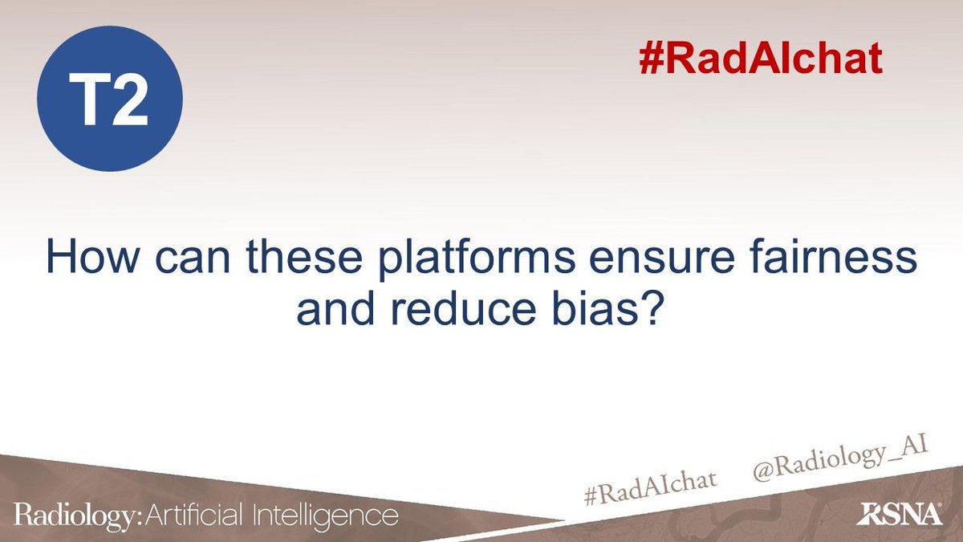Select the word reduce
click(451, 310)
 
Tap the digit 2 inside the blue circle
click(131, 102)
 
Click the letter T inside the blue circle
click(88, 102)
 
